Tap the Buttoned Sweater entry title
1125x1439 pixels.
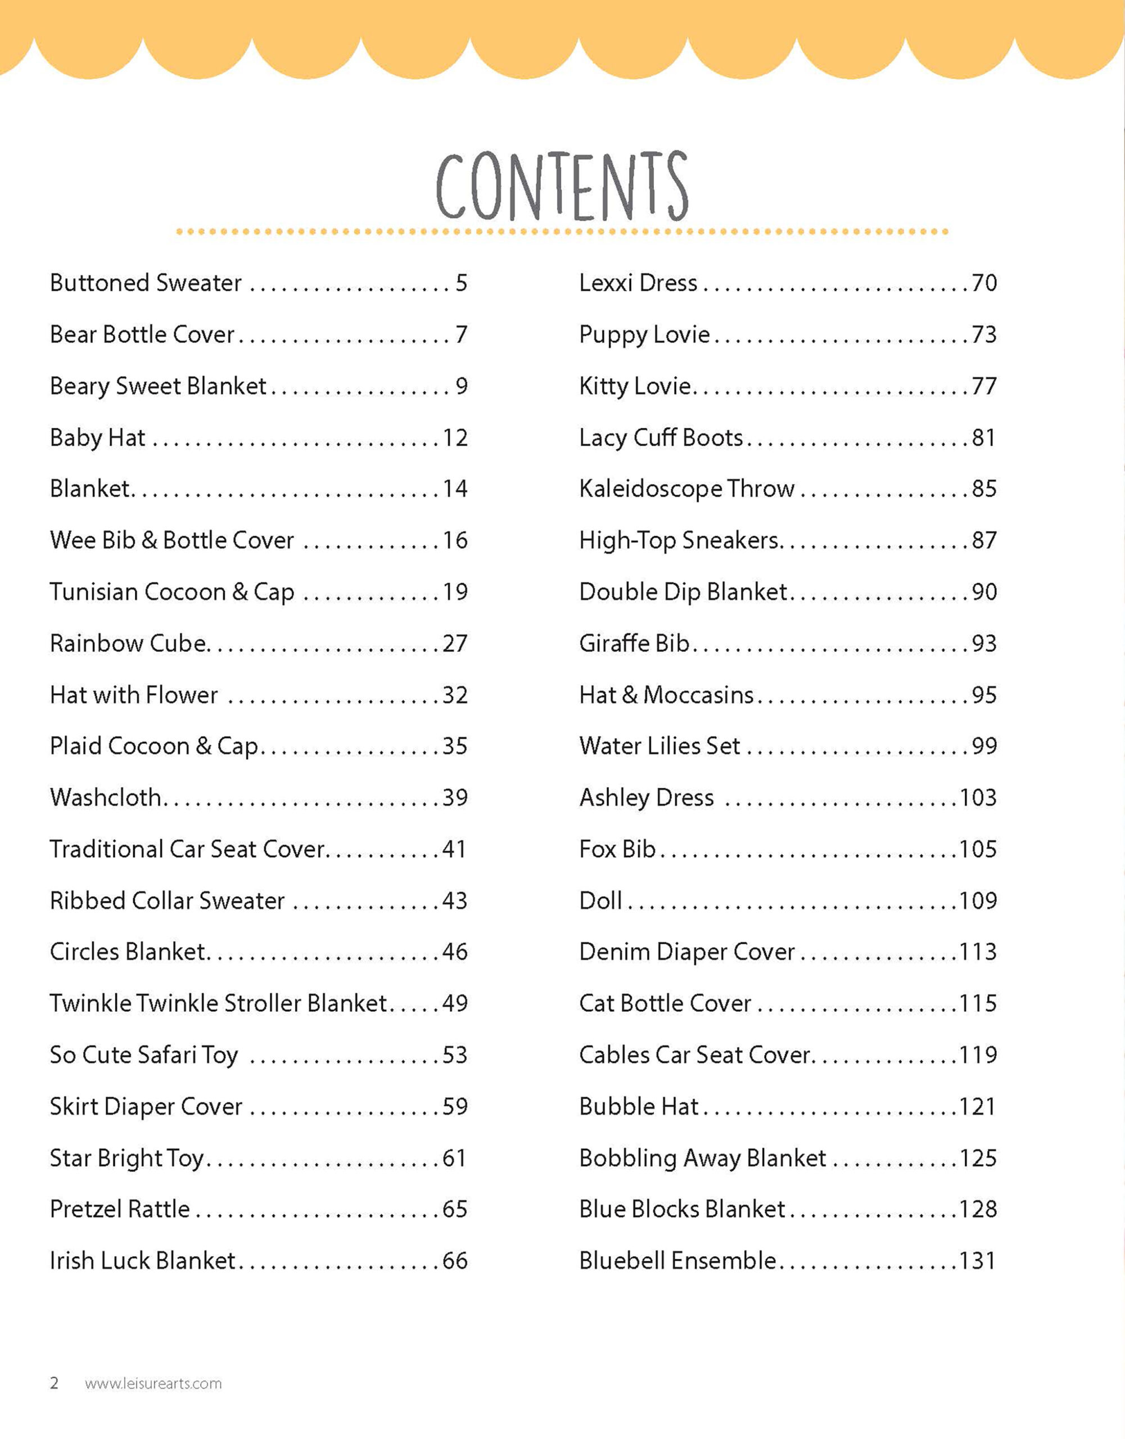[146, 283]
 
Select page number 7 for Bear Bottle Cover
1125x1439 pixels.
[462, 334]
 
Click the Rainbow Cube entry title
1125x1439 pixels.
[129, 643]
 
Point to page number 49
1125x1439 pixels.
[455, 1003]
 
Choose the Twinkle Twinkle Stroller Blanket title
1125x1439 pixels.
[218, 1003]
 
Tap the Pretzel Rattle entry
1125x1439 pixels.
[120, 1209]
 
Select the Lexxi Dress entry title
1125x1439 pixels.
[638, 283]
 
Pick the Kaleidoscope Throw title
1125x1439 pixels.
[686, 489]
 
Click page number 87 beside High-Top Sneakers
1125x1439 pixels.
[984, 540]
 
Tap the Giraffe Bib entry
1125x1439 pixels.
[634, 643]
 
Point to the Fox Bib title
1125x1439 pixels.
[617, 849]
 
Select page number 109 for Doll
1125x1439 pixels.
[978, 900]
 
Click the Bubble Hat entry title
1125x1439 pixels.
[639, 1106]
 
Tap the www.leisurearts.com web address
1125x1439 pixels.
[153, 1383]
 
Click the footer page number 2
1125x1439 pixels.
[55, 1382]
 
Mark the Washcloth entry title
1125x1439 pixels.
[106, 798]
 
